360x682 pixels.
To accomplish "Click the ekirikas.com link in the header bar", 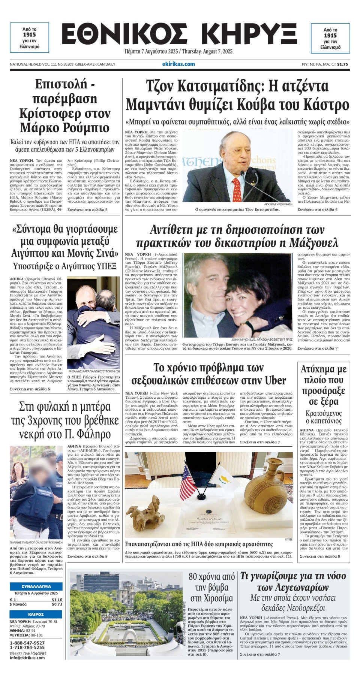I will tap(178, 64).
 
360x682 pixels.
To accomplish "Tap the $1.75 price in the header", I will tap(342, 64).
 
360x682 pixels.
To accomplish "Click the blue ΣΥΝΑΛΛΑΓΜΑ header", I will tap(36, 586).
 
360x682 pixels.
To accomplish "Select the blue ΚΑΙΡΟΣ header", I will tap(36, 614).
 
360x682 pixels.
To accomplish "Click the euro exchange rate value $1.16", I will tap(57, 600).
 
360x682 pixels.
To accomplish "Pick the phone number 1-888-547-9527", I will tap(27, 643).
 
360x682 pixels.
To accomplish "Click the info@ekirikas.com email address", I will tap(27, 657).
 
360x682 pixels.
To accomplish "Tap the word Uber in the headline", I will tap(275, 381).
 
